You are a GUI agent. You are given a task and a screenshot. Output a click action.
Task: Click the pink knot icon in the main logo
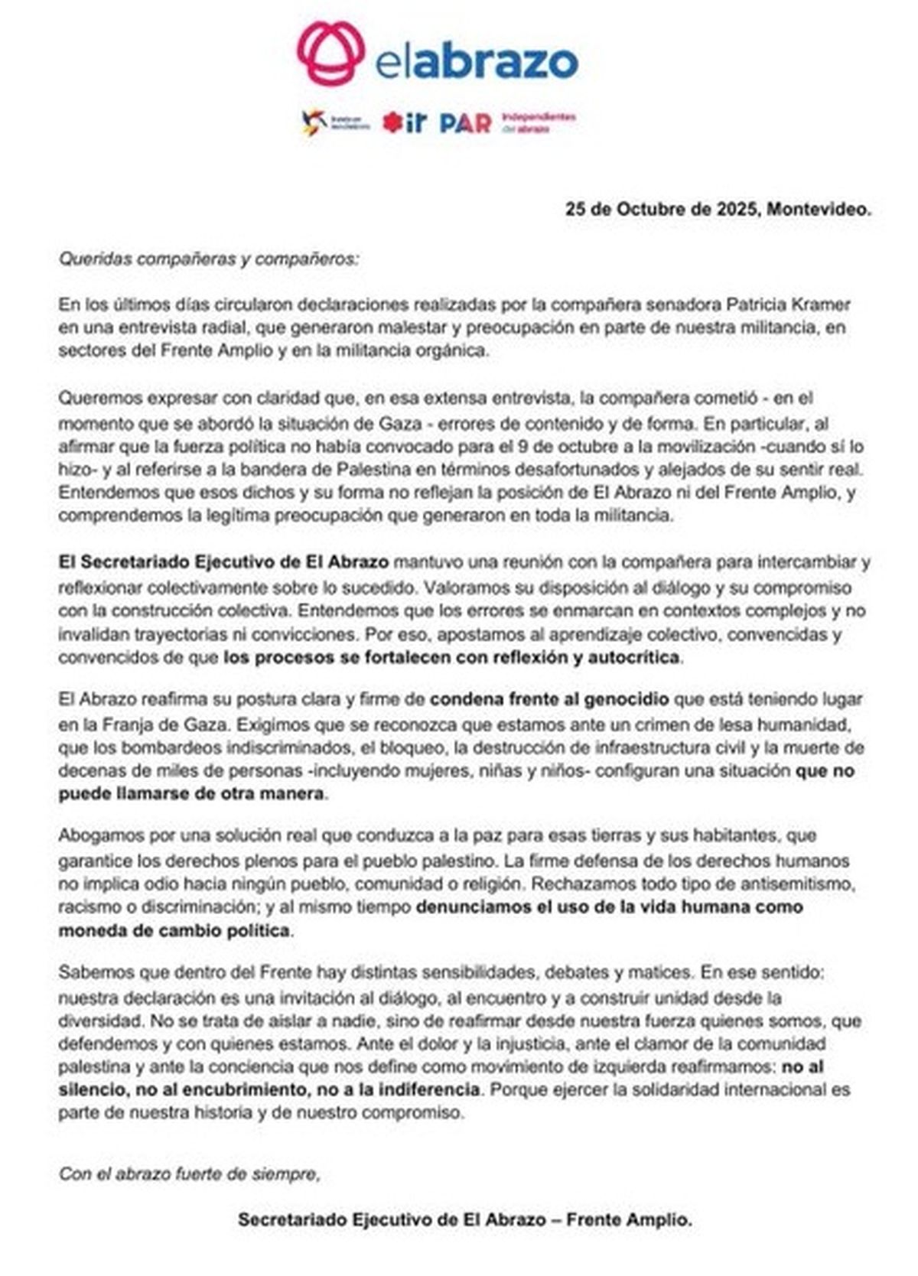click(x=330, y=53)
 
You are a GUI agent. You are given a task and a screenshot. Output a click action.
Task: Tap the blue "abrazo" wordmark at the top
click(x=495, y=62)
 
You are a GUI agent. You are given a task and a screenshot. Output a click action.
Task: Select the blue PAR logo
click(x=465, y=123)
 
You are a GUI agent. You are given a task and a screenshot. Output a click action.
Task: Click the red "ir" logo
click(x=404, y=122)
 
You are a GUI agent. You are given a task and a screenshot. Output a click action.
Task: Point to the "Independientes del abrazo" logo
click(x=539, y=122)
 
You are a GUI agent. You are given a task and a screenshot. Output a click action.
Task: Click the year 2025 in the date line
click(x=737, y=210)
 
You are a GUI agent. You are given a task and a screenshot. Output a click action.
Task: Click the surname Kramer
click(x=821, y=304)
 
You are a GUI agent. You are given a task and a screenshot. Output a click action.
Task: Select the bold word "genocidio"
click(x=627, y=698)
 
